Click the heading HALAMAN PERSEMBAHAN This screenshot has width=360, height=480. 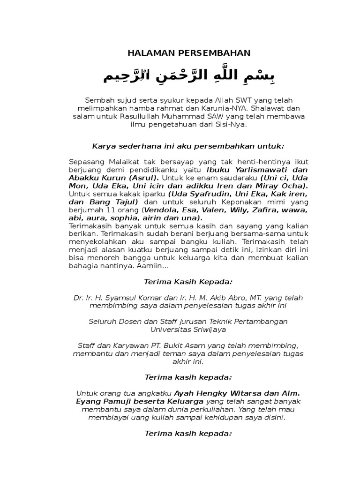click(x=189, y=53)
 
